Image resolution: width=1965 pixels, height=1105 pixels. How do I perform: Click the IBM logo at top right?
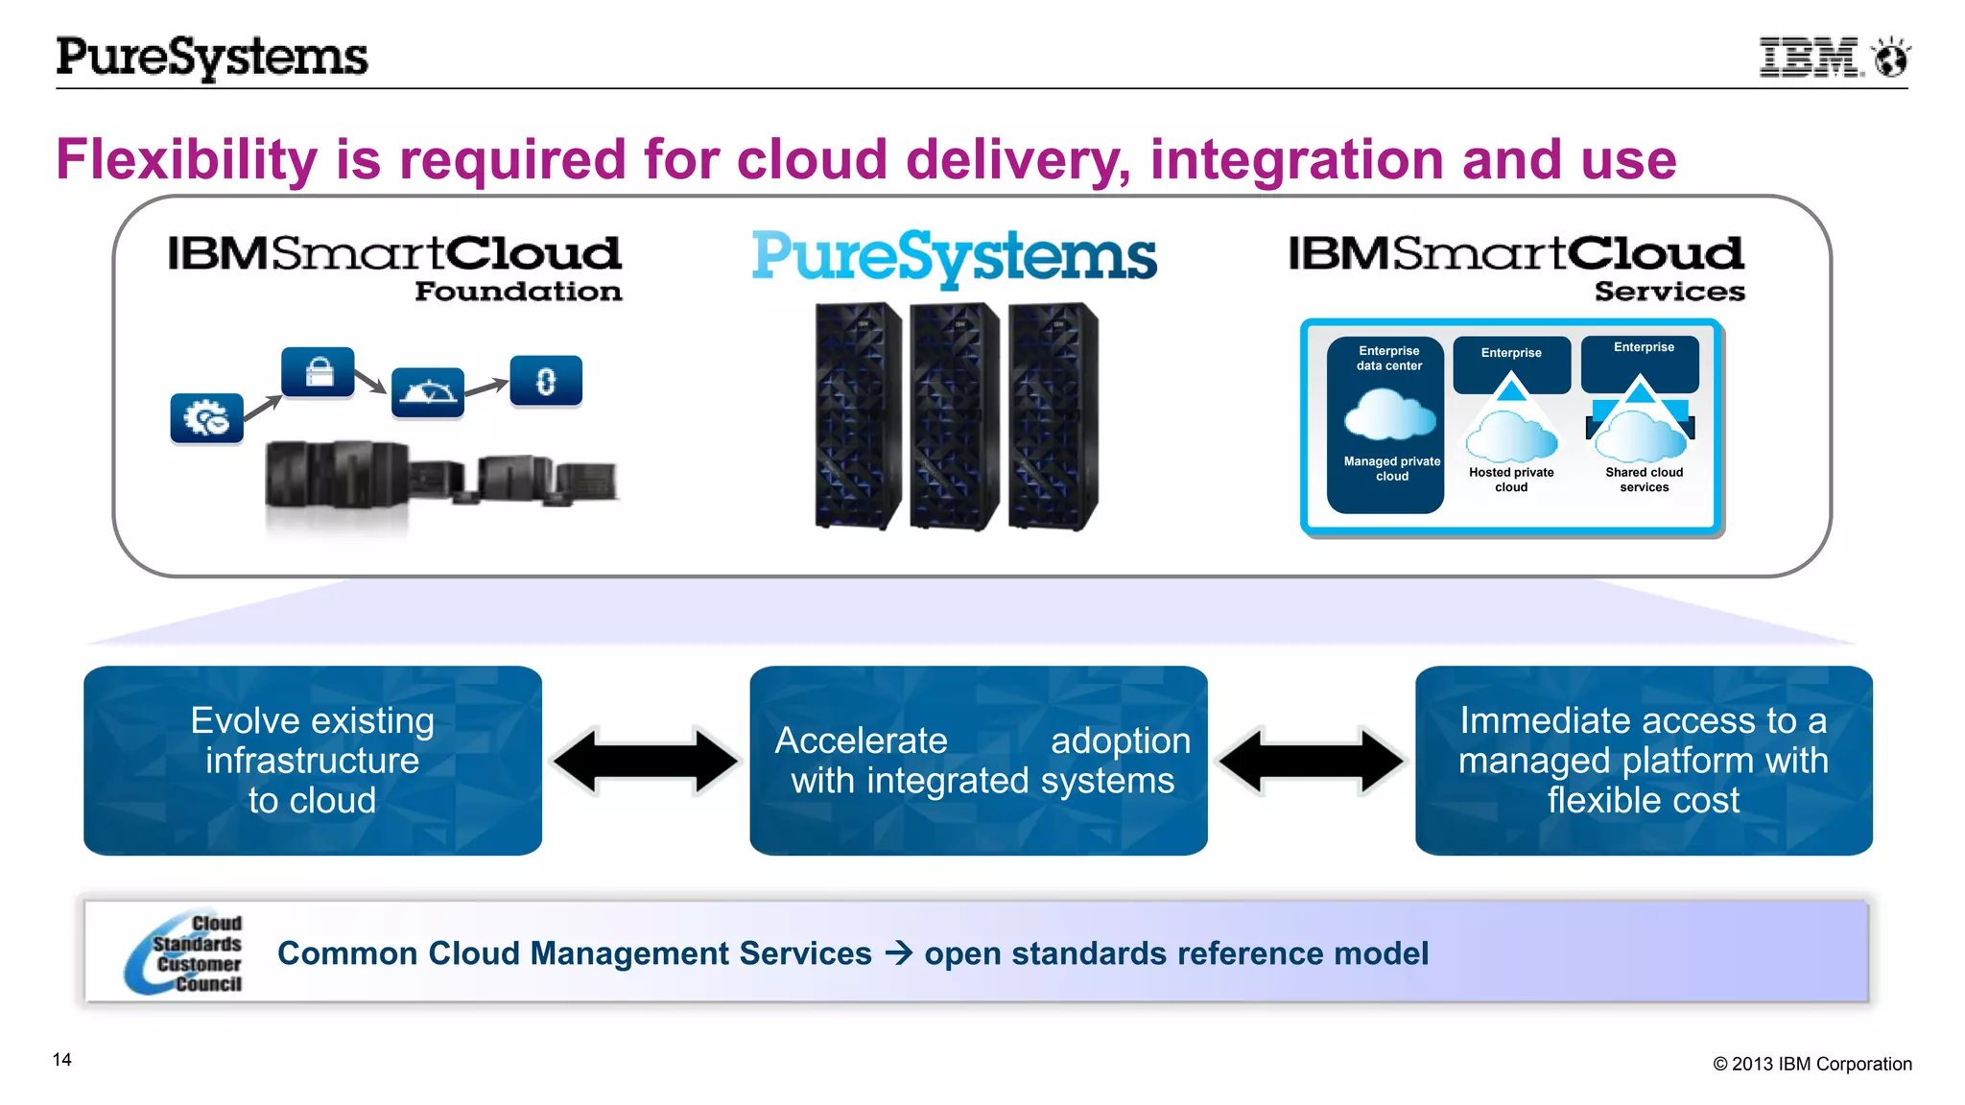coord(1810,58)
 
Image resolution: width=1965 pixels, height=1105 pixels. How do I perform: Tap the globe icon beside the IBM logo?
coord(1891,58)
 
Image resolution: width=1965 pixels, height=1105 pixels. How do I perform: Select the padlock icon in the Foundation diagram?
coord(318,372)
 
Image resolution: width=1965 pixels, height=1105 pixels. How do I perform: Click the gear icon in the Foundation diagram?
coord(206,418)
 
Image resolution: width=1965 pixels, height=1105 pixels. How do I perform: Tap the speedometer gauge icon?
coord(428,391)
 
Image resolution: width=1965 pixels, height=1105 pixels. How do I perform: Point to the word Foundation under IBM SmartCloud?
coord(518,292)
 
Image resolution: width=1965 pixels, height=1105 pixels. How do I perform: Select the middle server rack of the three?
coord(954,416)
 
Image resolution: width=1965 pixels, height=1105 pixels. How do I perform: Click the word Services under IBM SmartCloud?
coord(1669,292)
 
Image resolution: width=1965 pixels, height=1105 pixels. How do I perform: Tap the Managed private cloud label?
coord(1391,469)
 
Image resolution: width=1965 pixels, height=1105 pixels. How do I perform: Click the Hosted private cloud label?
coord(1511,480)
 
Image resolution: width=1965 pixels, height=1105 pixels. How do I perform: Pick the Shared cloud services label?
coord(1644,480)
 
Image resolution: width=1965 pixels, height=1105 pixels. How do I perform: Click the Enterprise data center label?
coord(1388,358)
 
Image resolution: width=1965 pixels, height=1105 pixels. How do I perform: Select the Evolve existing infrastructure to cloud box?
coord(313,760)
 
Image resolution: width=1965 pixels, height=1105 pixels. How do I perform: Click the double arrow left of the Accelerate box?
coord(646,761)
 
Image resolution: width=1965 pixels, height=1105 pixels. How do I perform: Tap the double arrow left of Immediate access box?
coord(1311,761)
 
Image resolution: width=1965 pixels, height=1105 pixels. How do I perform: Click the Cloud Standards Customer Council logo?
coord(185,952)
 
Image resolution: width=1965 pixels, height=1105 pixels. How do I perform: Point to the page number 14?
coord(62,1059)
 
